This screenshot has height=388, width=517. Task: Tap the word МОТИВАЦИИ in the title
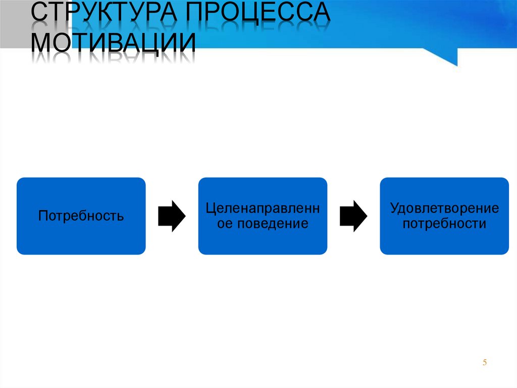113,43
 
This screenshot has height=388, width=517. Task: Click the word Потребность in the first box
81,217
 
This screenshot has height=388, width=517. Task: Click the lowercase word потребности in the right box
444,224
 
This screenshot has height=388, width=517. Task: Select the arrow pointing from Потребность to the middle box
172,216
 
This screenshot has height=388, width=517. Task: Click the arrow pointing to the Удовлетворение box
353,216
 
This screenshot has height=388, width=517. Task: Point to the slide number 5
485,362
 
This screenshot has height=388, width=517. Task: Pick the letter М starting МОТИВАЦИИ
43,43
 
